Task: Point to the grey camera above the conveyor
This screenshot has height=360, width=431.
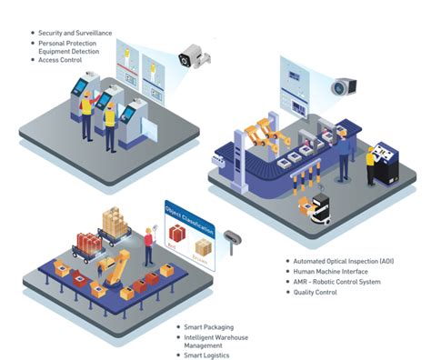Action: tap(341, 87)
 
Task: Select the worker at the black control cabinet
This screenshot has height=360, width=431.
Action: tap(371, 166)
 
